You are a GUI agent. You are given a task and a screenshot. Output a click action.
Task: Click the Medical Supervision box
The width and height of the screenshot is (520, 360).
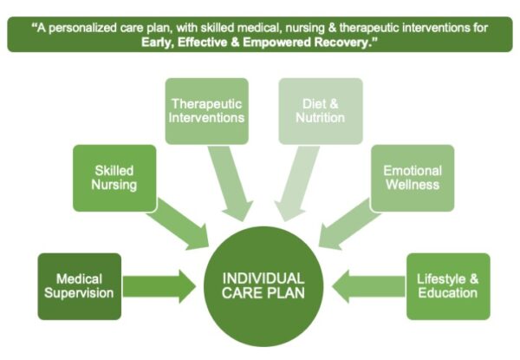tap(80, 285)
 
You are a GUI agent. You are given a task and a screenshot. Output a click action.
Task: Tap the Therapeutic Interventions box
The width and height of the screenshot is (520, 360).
tap(206, 111)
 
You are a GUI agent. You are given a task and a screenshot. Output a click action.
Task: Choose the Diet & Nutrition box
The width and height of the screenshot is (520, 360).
tap(319, 111)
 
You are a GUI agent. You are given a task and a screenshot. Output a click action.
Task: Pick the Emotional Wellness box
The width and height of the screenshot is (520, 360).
tap(413, 178)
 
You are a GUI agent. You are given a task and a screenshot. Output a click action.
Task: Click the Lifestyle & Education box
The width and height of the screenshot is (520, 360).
tap(447, 285)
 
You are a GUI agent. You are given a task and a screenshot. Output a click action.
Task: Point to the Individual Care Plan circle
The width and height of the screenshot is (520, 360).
tap(263, 285)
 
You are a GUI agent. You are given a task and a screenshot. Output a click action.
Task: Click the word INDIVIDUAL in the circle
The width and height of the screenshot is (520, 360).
tap(263, 278)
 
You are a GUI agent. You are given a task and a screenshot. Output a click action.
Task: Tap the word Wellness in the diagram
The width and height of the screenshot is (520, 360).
tap(413, 185)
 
